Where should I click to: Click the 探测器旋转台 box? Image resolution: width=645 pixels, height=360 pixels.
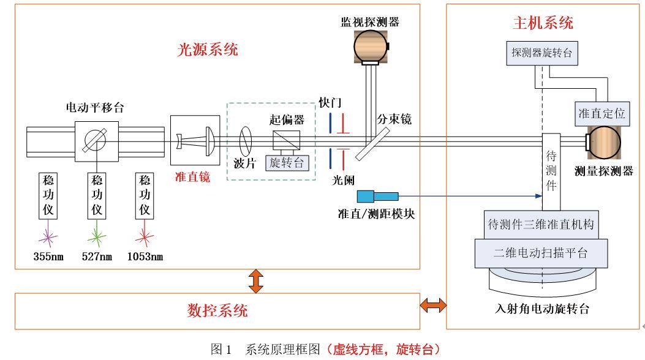541,53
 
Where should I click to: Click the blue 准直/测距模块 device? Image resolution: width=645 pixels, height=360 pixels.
376,197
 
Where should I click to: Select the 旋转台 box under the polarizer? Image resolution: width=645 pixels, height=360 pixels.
285,163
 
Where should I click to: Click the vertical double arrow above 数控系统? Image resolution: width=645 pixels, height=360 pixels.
256,280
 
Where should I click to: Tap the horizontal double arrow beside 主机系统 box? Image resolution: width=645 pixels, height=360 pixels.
432,304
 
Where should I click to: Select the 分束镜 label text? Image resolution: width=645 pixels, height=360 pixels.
393,119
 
